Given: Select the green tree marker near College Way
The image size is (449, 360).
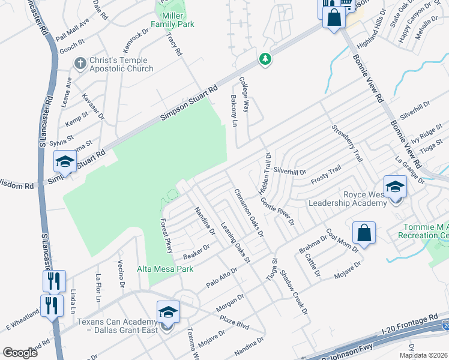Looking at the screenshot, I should (x=264, y=59).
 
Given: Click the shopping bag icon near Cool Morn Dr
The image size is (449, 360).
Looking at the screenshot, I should (x=364, y=232).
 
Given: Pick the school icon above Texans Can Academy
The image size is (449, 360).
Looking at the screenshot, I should (x=168, y=311).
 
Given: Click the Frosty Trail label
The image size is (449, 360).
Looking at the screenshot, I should (x=325, y=175).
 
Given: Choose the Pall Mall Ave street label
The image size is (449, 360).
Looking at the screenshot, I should (x=71, y=29).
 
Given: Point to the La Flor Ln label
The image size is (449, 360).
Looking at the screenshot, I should (x=98, y=289).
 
